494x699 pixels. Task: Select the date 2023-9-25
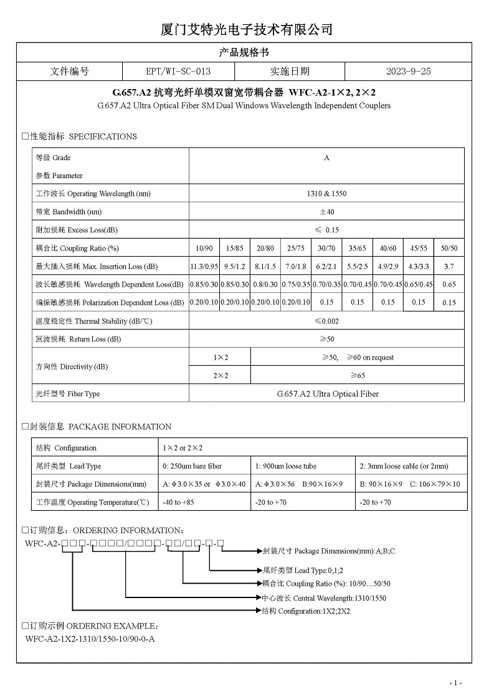tap(408, 72)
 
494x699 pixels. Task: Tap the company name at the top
tap(247, 29)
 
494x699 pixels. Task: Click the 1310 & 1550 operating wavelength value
tap(326, 194)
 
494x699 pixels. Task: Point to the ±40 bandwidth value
tap(326, 212)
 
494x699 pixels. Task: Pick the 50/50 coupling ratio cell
tap(449, 248)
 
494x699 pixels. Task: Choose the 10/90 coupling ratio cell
tap(204, 248)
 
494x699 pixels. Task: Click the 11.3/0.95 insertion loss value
tap(204, 266)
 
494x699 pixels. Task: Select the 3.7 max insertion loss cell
tap(449, 266)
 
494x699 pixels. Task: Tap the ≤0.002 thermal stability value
tap(326, 321)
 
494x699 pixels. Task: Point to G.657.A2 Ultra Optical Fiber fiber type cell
tap(326, 394)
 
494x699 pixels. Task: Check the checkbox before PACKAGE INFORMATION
tap(25, 427)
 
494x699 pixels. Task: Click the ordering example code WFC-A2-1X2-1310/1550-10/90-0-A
tap(90, 639)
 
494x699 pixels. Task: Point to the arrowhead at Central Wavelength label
tap(259, 597)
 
